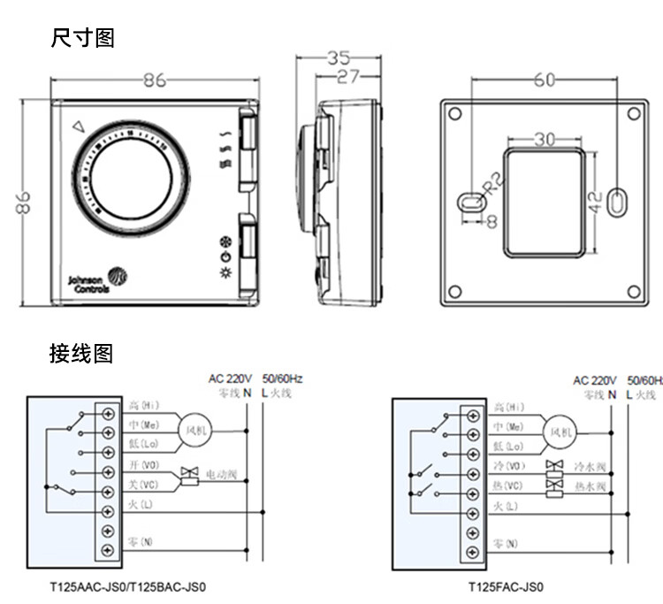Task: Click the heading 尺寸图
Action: coord(83,38)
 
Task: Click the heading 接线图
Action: coord(81,354)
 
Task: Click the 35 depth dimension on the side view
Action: coord(338,59)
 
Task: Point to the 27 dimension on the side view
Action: coord(347,77)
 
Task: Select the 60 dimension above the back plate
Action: coord(545,80)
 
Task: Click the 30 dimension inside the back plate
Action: coord(545,140)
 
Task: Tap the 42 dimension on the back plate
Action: coord(595,203)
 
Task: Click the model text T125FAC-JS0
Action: coord(506,586)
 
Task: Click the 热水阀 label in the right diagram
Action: coord(590,486)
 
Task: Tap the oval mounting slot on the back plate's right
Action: coord(619,203)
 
